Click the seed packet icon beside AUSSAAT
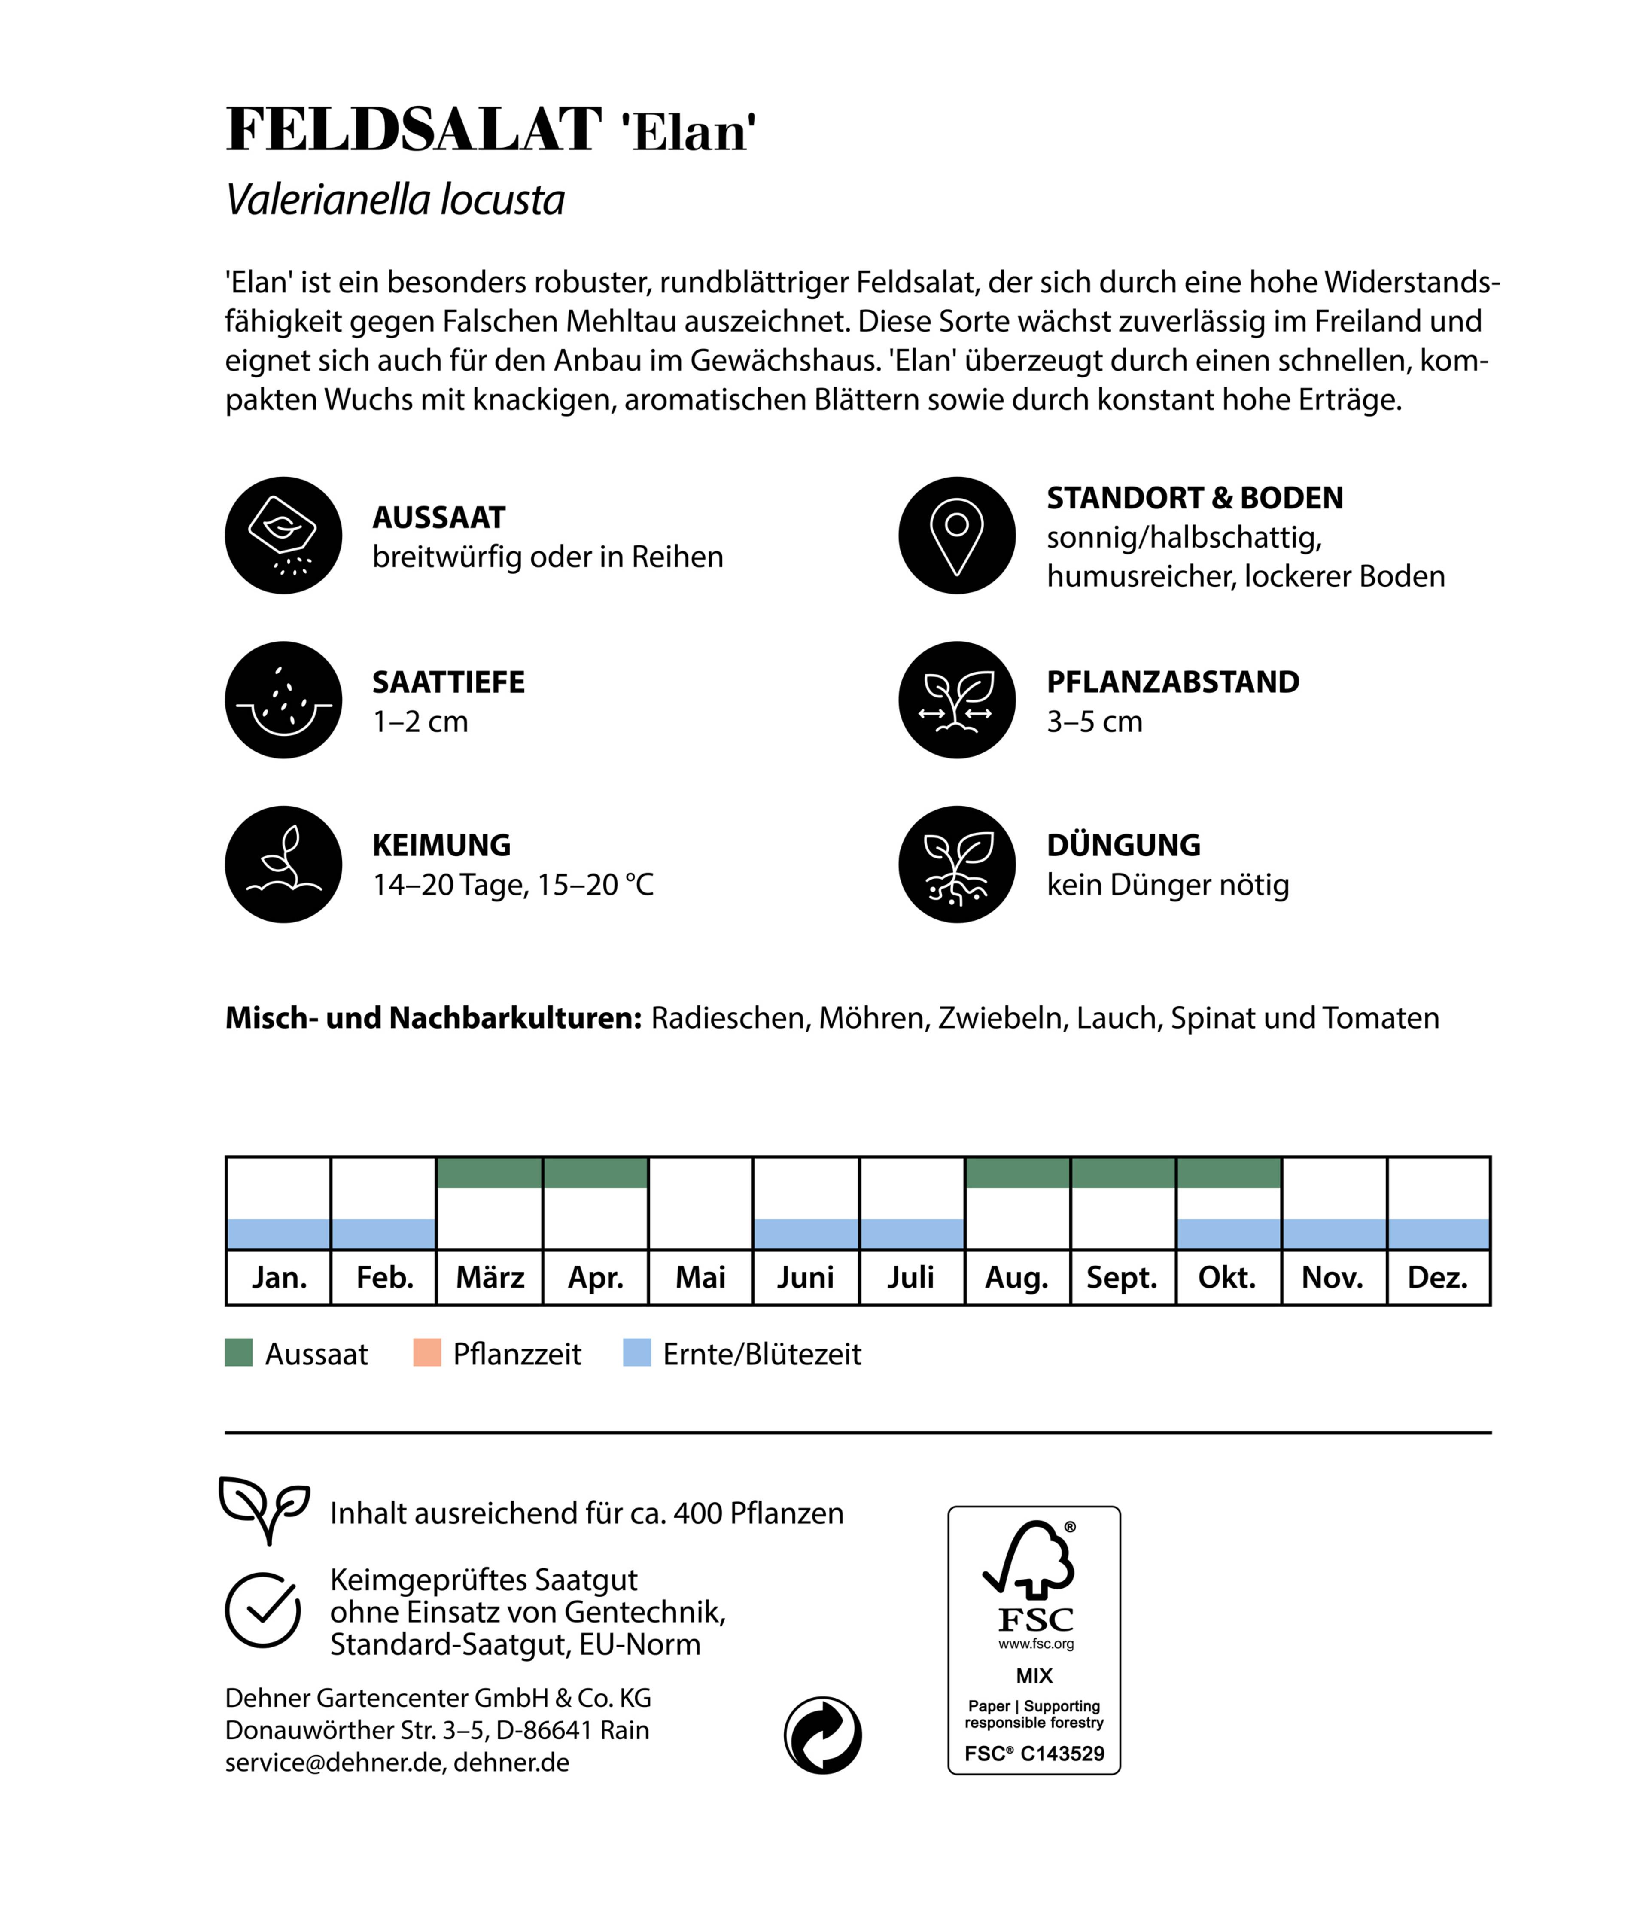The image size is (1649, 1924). point(283,536)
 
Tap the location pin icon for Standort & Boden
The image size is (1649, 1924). point(956,536)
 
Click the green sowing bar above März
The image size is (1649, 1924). point(489,1173)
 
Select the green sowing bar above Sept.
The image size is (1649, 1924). point(1123,1173)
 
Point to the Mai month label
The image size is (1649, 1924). point(700,1278)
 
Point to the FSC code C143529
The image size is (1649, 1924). point(1061,1754)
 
